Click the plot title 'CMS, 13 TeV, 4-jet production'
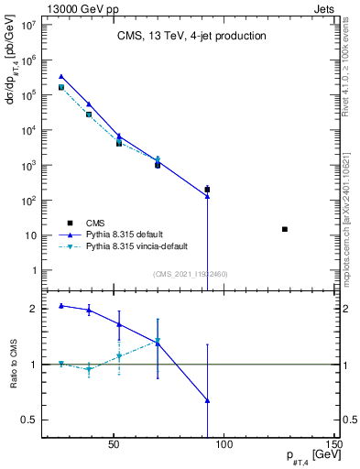tap(191, 37)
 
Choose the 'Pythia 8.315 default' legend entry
tap(127, 234)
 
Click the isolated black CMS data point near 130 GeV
tap(285, 229)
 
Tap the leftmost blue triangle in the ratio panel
tap(61, 305)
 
